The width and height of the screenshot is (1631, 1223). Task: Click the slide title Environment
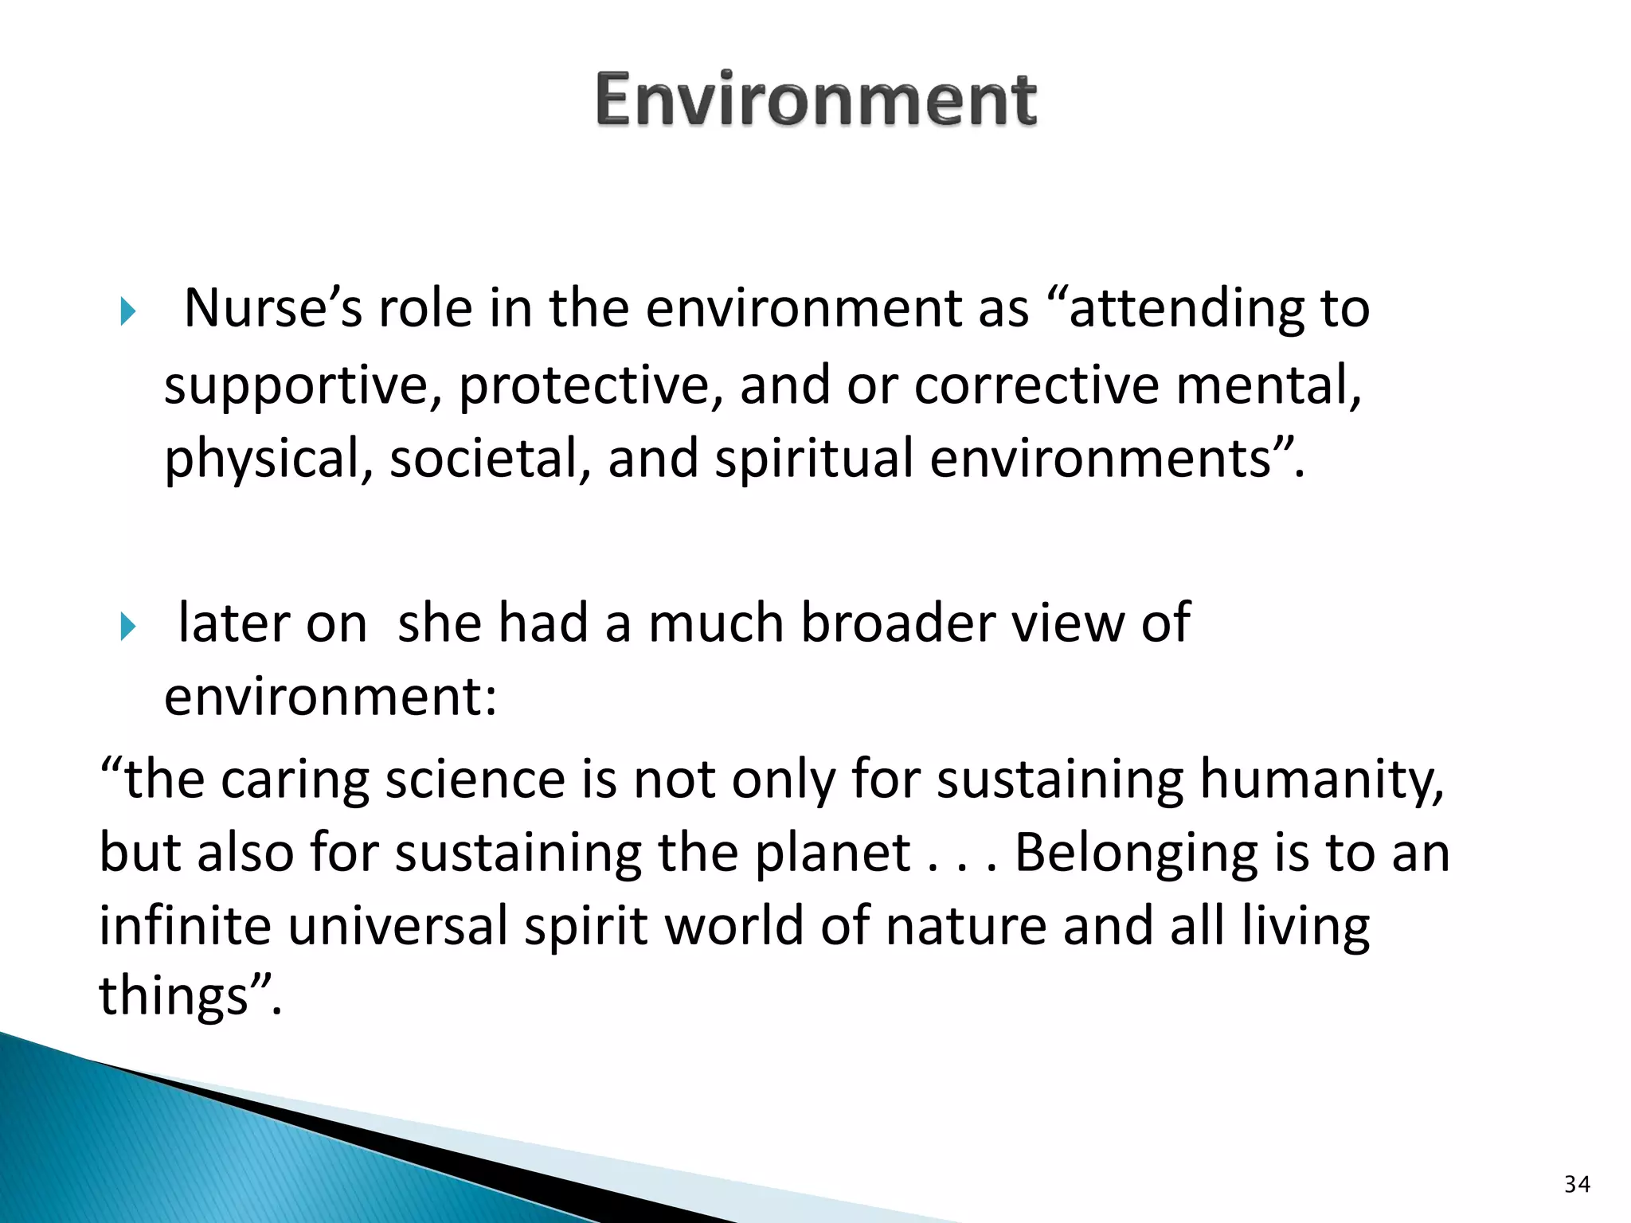[816, 100]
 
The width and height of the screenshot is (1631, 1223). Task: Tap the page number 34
[1577, 1184]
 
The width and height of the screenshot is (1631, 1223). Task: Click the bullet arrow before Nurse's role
[128, 311]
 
